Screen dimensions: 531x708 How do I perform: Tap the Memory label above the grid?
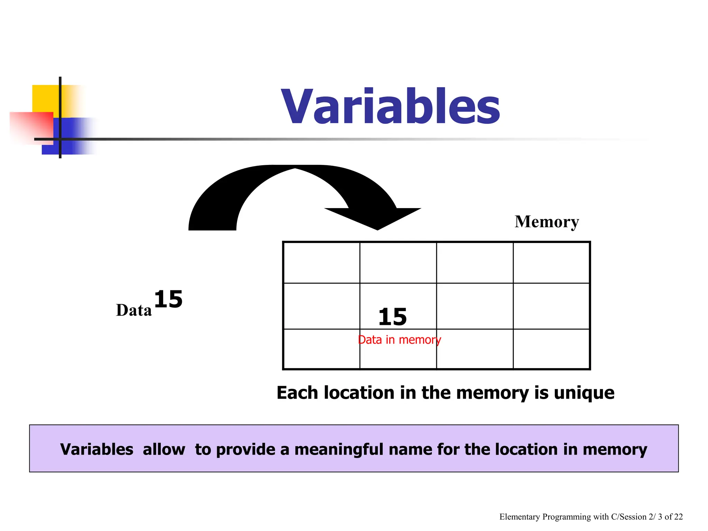[547, 222]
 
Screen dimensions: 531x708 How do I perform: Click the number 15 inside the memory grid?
[393, 317]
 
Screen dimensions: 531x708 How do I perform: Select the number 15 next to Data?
[168, 299]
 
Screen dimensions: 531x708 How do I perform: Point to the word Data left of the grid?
[134, 310]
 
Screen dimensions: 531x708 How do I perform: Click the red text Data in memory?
[399, 340]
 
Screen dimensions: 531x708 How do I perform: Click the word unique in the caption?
[584, 393]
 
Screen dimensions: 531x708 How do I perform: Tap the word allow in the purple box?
[164, 449]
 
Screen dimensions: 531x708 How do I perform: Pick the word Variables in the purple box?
[97, 449]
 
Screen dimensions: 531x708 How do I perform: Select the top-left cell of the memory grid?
[322, 263]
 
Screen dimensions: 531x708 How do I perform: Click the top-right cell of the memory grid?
[551, 263]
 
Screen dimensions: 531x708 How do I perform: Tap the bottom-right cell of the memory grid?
[551, 349]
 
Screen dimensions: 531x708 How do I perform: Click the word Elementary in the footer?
[520, 517]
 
